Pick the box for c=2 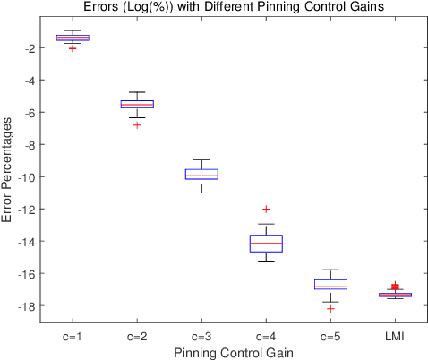tap(137, 104)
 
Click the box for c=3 tap(201, 174)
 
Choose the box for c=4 tap(266, 244)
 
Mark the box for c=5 tap(330, 284)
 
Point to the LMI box tap(395, 294)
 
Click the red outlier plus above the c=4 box tap(266, 209)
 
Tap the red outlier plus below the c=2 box tap(137, 125)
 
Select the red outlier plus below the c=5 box tap(330, 308)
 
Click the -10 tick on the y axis tap(30, 176)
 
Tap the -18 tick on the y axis tap(30, 305)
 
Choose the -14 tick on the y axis tap(30, 241)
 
